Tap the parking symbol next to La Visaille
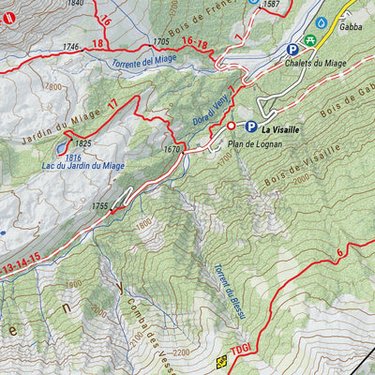[251, 127]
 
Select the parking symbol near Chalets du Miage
[292, 49]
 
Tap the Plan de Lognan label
[252, 144]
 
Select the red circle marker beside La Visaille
[231, 126]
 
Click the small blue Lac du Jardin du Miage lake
[62, 148]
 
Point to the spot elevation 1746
[71, 47]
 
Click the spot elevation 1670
[172, 150]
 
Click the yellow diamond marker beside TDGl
[222, 361]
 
